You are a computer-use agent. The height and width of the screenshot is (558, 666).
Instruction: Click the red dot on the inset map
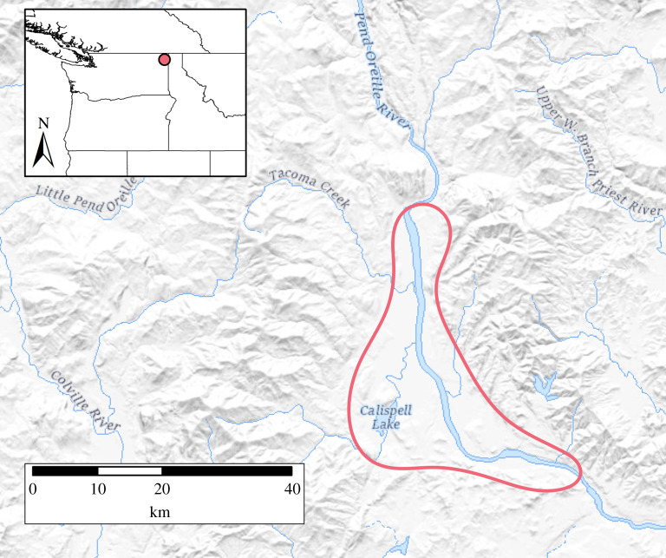[163, 59]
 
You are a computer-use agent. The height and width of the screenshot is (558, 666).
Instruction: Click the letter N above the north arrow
[43, 123]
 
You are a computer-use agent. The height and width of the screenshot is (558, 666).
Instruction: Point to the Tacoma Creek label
[309, 188]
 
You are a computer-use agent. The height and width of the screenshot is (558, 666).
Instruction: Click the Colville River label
[84, 401]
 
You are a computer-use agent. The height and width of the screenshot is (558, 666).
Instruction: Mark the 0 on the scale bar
[33, 489]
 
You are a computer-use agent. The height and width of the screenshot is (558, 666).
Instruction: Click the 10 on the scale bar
[98, 489]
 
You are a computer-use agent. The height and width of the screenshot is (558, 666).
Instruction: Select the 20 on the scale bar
[162, 489]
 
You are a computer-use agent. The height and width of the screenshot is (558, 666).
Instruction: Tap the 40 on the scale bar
[292, 489]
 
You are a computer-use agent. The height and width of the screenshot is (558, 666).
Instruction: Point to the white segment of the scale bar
[130, 470]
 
